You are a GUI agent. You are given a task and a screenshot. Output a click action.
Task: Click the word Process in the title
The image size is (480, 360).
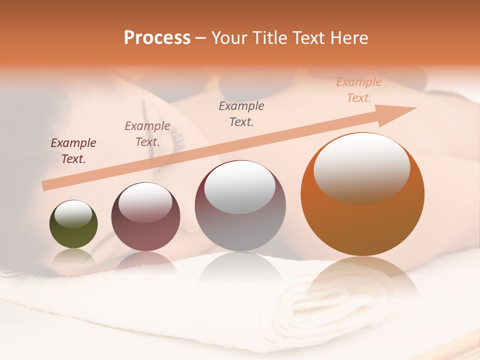point(157,38)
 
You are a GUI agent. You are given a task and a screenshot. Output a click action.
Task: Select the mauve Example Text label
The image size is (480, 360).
point(147,134)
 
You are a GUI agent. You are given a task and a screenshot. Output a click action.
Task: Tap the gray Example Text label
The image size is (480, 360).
point(241,113)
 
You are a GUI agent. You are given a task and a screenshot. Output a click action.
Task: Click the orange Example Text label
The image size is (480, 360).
point(359,90)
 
